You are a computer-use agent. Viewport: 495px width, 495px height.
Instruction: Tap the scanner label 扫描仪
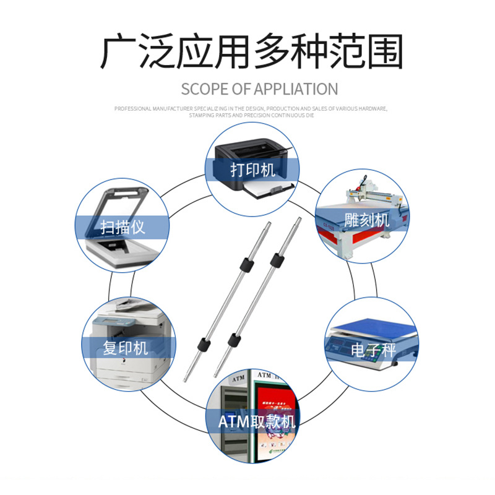tap(123, 226)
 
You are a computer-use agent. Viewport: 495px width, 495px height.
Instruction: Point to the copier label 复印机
tap(126, 348)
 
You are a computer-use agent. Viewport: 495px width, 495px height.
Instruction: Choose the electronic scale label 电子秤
tap(372, 350)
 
